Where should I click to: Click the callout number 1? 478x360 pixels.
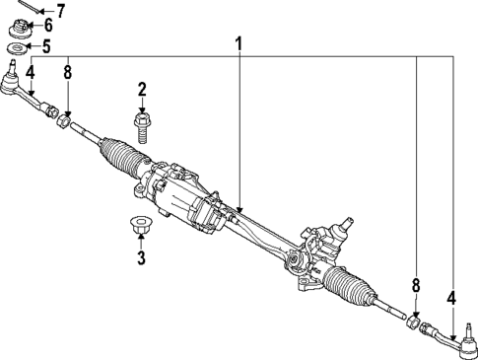tap(238, 44)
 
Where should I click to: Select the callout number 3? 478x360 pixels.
tap(141, 258)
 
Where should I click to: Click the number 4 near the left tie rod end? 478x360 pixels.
tap(31, 71)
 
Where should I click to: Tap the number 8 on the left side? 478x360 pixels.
tap(67, 71)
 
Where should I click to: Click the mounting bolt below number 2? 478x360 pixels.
tap(142, 126)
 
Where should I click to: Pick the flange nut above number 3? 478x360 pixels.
tap(140, 225)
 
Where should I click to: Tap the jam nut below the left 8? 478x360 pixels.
tap(64, 122)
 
